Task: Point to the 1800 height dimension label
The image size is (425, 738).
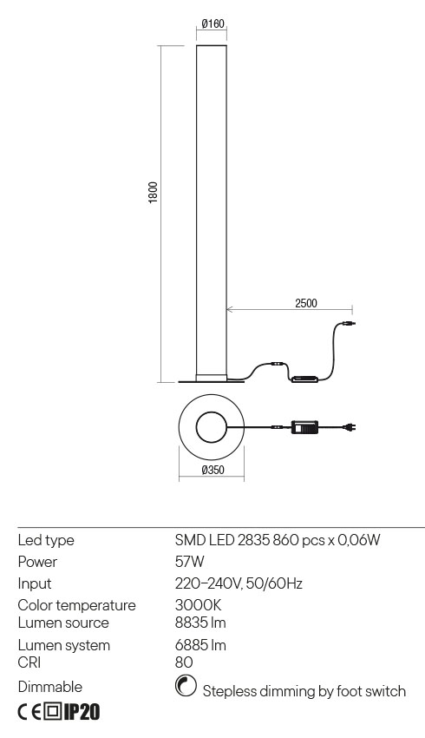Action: coord(153,193)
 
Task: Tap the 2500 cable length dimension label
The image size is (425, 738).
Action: coord(305,303)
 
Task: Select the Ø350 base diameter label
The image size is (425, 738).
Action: coord(212,471)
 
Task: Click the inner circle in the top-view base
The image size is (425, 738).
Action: coord(211,427)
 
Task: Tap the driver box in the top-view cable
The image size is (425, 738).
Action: coord(306,427)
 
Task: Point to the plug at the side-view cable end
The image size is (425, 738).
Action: coord(348,325)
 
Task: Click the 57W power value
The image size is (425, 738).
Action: coord(189,562)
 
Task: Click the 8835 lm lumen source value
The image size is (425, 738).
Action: coord(201,623)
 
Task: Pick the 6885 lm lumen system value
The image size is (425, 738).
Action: coord(201,645)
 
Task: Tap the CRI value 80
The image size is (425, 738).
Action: coord(184,662)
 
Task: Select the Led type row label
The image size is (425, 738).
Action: coord(46,540)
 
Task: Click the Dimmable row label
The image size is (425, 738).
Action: coord(49,687)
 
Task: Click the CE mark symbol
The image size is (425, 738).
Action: coord(29,713)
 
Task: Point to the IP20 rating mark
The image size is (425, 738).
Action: coord(82,713)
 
